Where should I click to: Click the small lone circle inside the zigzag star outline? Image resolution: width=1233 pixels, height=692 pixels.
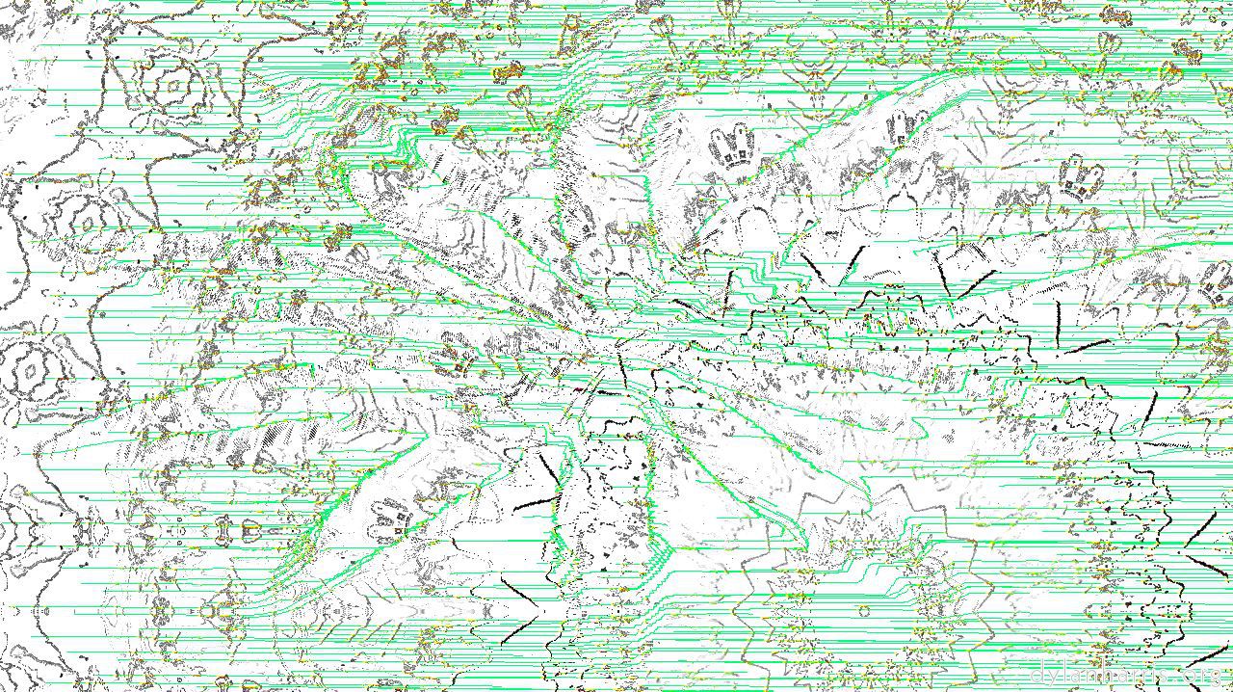[864, 611]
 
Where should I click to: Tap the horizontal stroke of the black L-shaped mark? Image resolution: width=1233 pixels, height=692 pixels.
[1089, 345]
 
